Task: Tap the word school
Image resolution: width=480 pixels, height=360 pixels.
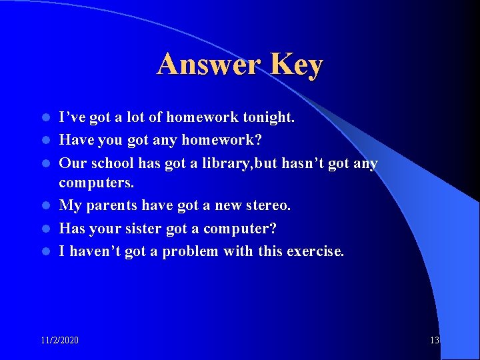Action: pyautogui.click(x=111, y=163)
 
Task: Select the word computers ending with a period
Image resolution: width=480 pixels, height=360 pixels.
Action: pyautogui.click(x=96, y=183)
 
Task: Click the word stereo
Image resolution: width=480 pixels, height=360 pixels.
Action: pyautogui.click(x=268, y=206)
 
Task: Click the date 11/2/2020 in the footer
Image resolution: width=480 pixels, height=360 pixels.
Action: pyautogui.click(x=59, y=341)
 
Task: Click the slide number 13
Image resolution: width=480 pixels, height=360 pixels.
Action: pyautogui.click(x=434, y=341)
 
